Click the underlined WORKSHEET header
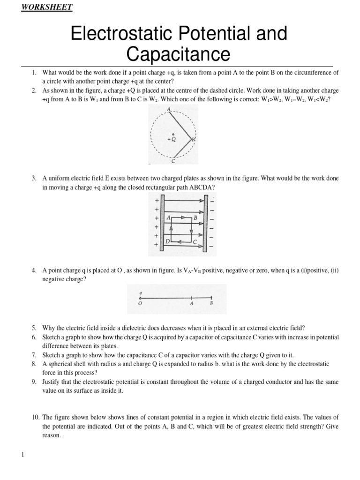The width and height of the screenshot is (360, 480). tap(47, 7)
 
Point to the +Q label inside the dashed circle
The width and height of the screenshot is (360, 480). tap(172, 139)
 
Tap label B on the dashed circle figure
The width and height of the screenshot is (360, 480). tap(193, 139)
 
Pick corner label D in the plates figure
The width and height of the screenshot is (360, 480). tap(167, 241)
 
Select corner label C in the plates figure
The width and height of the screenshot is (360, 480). tap(194, 241)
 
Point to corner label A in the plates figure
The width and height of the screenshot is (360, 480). tap(168, 218)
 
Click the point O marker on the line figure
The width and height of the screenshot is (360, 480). tap(140, 298)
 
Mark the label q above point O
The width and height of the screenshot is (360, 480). tap(140, 291)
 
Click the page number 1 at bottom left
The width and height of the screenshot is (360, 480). tap(22, 454)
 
